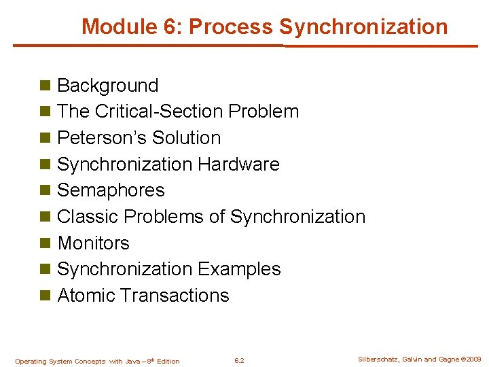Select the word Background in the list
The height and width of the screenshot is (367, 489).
107,86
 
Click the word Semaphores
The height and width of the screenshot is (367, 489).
111,190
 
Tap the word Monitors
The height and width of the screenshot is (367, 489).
93,243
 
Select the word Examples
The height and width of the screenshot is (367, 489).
239,269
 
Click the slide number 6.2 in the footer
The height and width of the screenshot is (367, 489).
239,361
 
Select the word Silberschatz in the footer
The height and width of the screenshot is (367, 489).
376,360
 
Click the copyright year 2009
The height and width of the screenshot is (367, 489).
473,360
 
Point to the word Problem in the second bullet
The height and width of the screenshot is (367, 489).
264,111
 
